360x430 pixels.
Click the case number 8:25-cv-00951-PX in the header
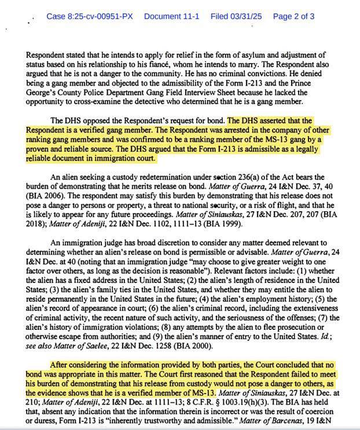click(90, 16)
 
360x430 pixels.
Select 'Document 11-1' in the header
click(171, 16)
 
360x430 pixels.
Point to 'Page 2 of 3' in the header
click(293, 16)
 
